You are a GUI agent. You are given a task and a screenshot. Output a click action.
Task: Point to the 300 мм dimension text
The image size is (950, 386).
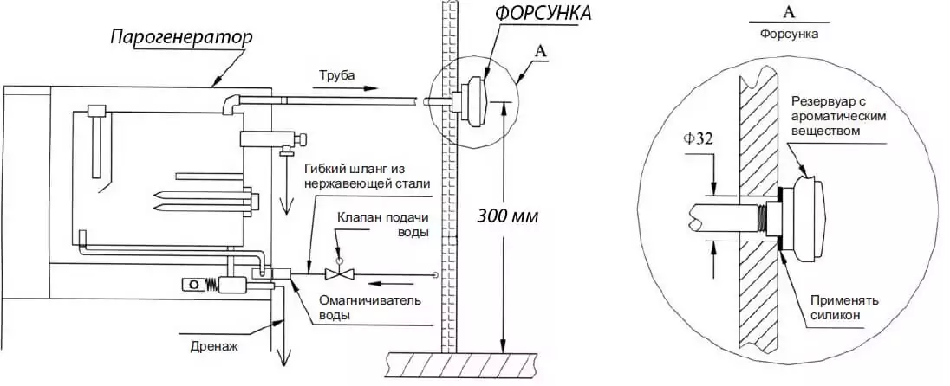(508, 216)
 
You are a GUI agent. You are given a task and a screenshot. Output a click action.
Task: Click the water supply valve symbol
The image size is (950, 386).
(338, 274)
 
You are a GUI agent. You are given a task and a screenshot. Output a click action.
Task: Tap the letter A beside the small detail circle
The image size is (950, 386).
(540, 52)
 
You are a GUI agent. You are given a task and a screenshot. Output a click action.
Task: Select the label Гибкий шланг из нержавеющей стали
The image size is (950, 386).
(367, 176)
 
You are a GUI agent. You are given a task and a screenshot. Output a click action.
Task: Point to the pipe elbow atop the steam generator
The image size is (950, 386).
(231, 104)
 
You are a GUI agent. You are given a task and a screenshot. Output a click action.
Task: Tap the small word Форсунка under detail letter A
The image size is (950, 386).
(788, 35)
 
